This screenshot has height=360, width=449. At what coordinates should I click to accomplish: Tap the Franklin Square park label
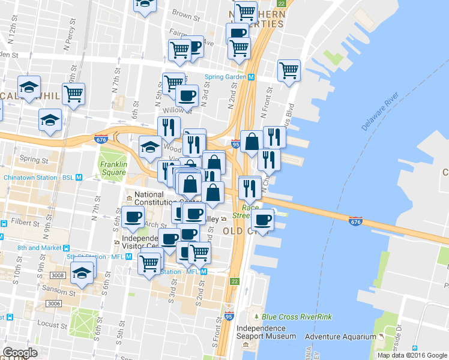[113, 168]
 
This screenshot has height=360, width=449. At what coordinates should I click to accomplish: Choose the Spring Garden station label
[230, 77]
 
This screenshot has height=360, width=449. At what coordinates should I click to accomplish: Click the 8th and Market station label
[39, 247]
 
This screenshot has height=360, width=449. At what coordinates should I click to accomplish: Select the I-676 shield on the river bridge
[355, 222]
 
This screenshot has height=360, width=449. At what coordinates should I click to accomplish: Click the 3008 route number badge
[57, 275]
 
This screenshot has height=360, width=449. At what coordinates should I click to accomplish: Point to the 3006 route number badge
[54, 304]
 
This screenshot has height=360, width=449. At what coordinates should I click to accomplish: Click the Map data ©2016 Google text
[411, 355]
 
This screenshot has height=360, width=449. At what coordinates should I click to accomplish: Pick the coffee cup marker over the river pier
[262, 220]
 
